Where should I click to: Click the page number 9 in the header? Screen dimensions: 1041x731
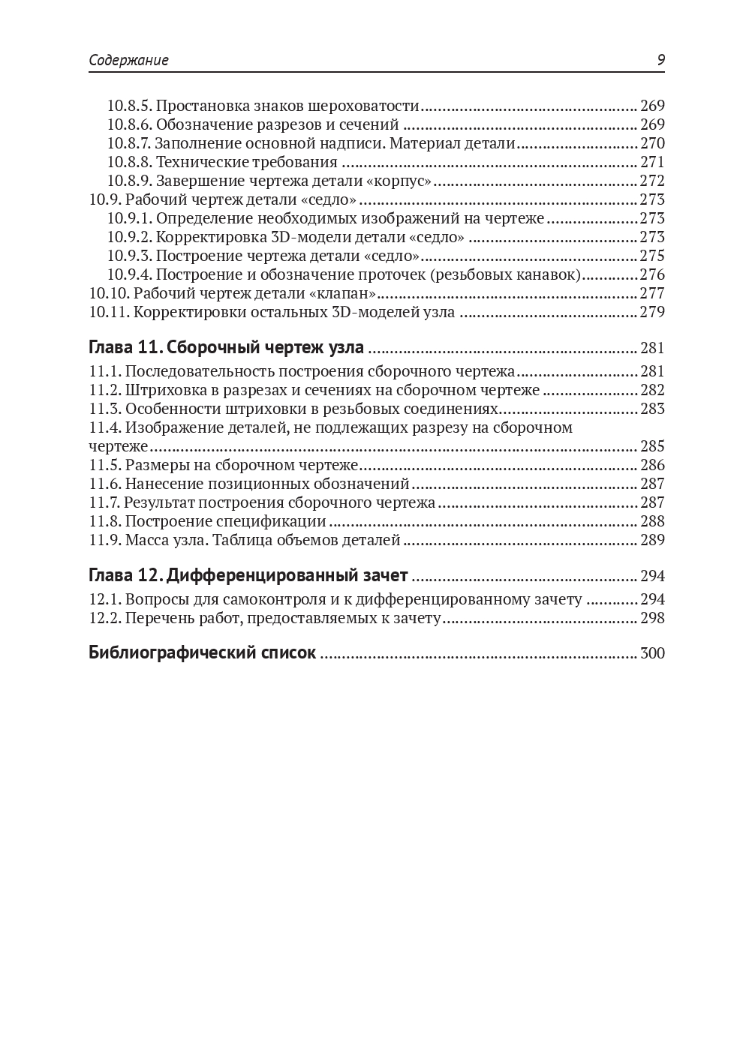[x=660, y=61]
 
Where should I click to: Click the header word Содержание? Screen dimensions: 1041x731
[x=128, y=61]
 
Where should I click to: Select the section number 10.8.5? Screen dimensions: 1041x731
[x=129, y=106]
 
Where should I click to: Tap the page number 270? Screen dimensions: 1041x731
[x=652, y=143]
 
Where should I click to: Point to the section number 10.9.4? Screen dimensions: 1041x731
[x=129, y=274]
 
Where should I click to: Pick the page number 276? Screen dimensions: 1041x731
[x=652, y=274]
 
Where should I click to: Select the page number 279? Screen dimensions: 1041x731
[x=652, y=312]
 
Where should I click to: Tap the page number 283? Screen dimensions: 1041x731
[x=652, y=409]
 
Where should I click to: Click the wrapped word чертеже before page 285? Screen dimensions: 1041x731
[x=119, y=446]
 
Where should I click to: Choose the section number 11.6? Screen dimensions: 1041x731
[x=105, y=484]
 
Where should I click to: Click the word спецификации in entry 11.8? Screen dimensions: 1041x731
[x=281, y=521]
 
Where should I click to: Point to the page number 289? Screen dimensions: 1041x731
[x=652, y=540]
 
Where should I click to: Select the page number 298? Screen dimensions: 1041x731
[x=652, y=618]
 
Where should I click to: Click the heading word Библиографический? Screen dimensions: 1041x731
[x=172, y=652]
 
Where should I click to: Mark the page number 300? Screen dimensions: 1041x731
[x=652, y=653]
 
